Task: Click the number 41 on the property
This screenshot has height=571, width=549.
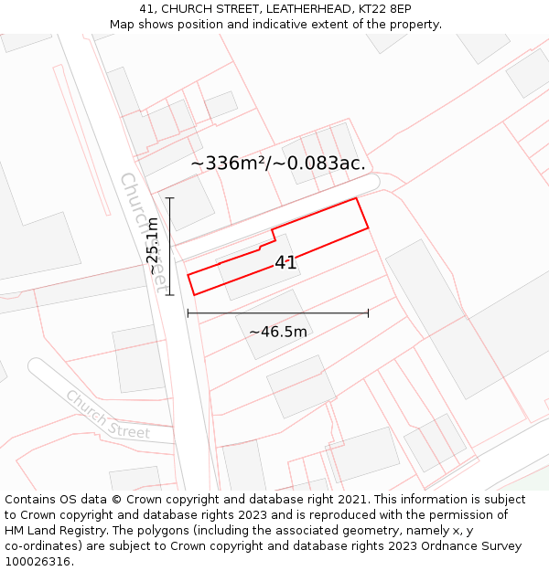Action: tap(285, 263)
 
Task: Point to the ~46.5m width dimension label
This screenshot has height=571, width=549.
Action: tap(278, 332)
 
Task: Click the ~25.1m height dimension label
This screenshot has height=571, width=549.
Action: tap(153, 246)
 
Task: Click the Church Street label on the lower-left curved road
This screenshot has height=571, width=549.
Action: tap(107, 414)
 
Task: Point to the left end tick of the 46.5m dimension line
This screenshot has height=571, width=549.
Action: tap(188, 312)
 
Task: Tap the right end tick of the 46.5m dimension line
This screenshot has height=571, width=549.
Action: tap(368, 312)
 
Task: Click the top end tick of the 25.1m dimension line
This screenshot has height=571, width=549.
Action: tap(169, 197)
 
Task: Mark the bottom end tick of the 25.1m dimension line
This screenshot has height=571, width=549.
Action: tap(169, 294)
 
